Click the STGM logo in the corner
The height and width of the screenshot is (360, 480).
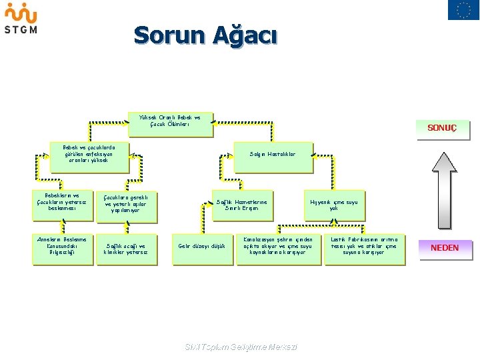pos(21,18)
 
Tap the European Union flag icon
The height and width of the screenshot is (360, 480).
pos(463,10)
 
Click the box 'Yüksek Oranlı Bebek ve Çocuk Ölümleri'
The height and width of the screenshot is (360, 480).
pos(171,121)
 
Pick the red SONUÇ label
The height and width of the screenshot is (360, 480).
pos(442,128)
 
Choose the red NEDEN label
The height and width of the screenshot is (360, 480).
pos(445,248)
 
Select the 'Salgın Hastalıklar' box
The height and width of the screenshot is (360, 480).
pos(272,155)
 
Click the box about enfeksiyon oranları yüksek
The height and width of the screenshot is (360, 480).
pos(89,155)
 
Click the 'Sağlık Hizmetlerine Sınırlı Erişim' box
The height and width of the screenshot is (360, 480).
pos(242,205)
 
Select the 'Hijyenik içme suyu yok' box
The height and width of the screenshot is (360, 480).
pos(333,205)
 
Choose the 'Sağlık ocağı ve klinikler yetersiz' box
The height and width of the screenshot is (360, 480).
pos(126,249)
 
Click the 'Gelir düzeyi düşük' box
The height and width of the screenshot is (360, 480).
pos(201,247)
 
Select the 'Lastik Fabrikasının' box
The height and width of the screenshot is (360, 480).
pos(363,247)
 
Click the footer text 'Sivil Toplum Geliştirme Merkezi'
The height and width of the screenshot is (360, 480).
pos(240,347)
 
